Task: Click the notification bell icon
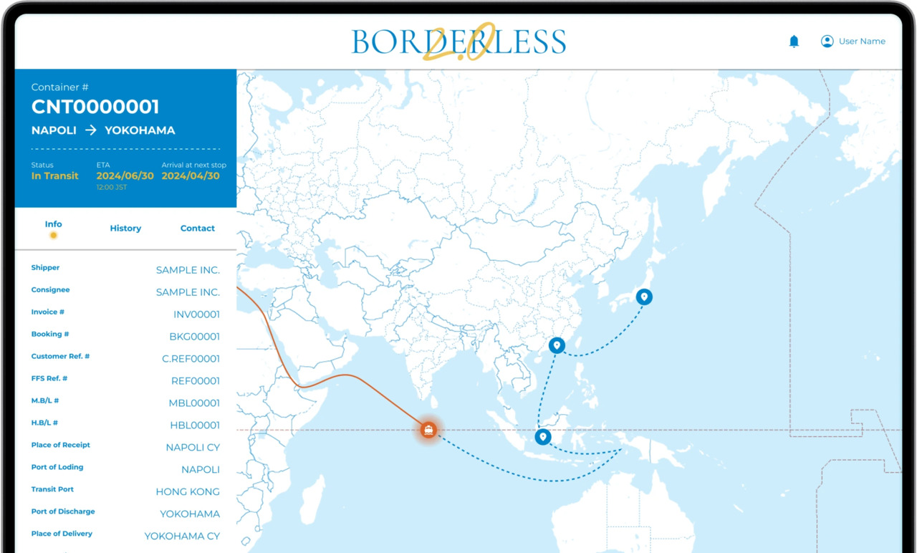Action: (x=794, y=42)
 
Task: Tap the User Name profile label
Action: (x=862, y=42)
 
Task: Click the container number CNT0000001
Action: (x=95, y=107)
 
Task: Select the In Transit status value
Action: (x=55, y=176)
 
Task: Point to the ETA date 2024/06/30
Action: (x=125, y=176)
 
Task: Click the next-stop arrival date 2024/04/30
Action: (x=191, y=176)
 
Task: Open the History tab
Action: (x=125, y=229)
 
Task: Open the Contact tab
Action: (x=198, y=229)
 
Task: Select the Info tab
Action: (x=54, y=225)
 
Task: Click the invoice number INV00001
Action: (x=196, y=314)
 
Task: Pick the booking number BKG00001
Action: (x=194, y=337)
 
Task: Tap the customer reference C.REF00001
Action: (x=191, y=359)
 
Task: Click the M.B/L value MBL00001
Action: (x=194, y=403)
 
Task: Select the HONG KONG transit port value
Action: (x=188, y=492)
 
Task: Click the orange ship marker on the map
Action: (x=428, y=430)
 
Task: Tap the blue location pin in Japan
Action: (x=644, y=297)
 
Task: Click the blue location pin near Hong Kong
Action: (x=557, y=345)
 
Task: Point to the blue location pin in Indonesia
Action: (x=543, y=436)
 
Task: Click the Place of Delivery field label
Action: (x=62, y=534)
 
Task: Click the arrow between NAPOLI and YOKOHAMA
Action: (x=91, y=130)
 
